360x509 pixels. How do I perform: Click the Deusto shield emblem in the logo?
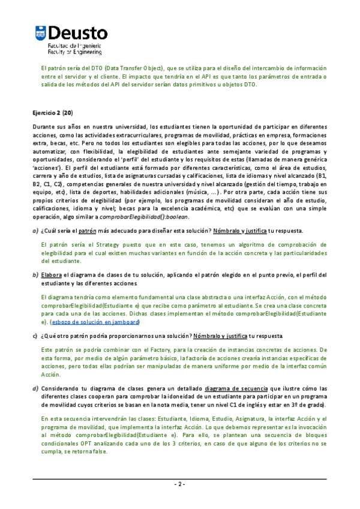pos(40,34)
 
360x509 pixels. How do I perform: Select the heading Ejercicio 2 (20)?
pos(52,112)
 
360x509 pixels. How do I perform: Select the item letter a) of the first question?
pos(35,231)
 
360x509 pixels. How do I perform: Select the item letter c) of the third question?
pos(35,335)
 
